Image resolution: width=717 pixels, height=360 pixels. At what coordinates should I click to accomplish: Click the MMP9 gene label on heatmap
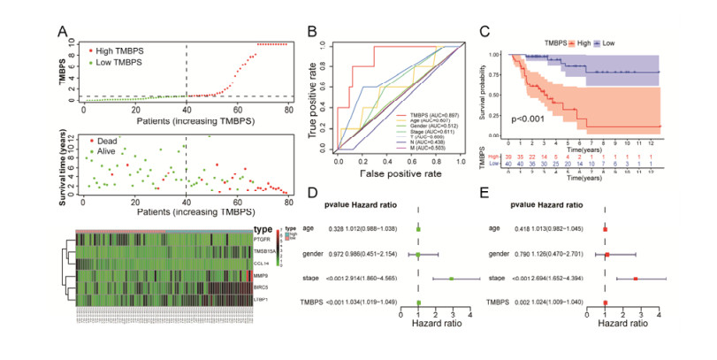click(x=258, y=277)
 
